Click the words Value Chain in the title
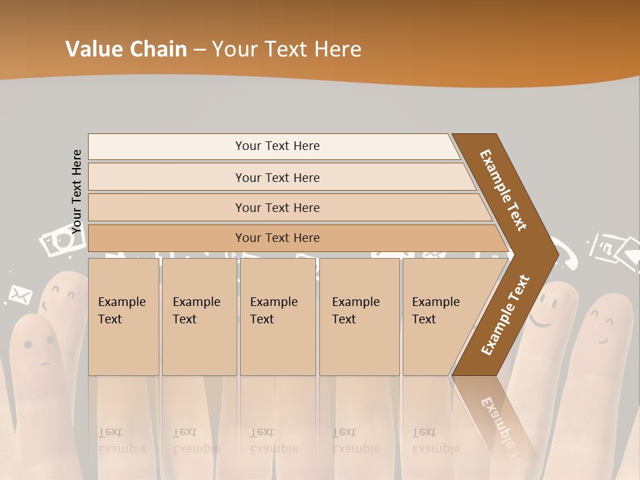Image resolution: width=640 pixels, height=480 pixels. [126, 49]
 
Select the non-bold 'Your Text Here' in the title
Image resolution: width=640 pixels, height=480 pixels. [287, 49]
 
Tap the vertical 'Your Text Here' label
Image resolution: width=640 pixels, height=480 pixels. [77, 191]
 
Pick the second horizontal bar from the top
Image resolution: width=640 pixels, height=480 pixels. [277, 177]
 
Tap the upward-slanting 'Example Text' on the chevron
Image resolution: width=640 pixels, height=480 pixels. [505, 315]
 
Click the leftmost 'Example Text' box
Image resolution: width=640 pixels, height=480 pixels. [123, 317]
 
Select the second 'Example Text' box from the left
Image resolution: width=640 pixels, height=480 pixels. [199, 317]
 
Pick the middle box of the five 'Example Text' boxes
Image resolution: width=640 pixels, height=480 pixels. [277, 317]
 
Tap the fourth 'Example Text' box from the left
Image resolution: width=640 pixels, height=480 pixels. [359, 317]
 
